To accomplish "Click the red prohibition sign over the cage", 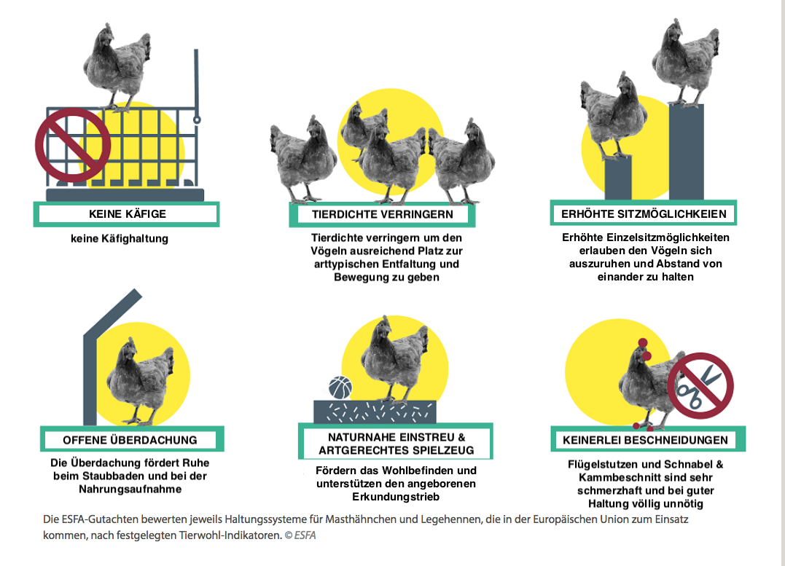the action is point(73,145).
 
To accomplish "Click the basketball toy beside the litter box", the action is point(340,388).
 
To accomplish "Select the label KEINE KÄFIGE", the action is point(127,214).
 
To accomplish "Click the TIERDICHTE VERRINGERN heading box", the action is point(382,215).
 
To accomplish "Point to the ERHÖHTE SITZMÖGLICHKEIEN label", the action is point(644,214).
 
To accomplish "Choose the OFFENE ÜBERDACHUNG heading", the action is point(130,440).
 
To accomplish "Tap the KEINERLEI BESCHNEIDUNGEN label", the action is point(645,440).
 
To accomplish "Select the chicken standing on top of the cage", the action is point(117,68).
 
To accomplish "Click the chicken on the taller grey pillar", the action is point(686,63).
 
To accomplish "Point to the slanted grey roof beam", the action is point(112,311).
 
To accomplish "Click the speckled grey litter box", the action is point(375,412).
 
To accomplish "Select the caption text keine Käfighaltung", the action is point(119,239).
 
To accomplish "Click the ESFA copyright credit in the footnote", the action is point(300,535).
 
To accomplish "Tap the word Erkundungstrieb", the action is point(396,497).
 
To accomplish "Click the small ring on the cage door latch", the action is point(197,119).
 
